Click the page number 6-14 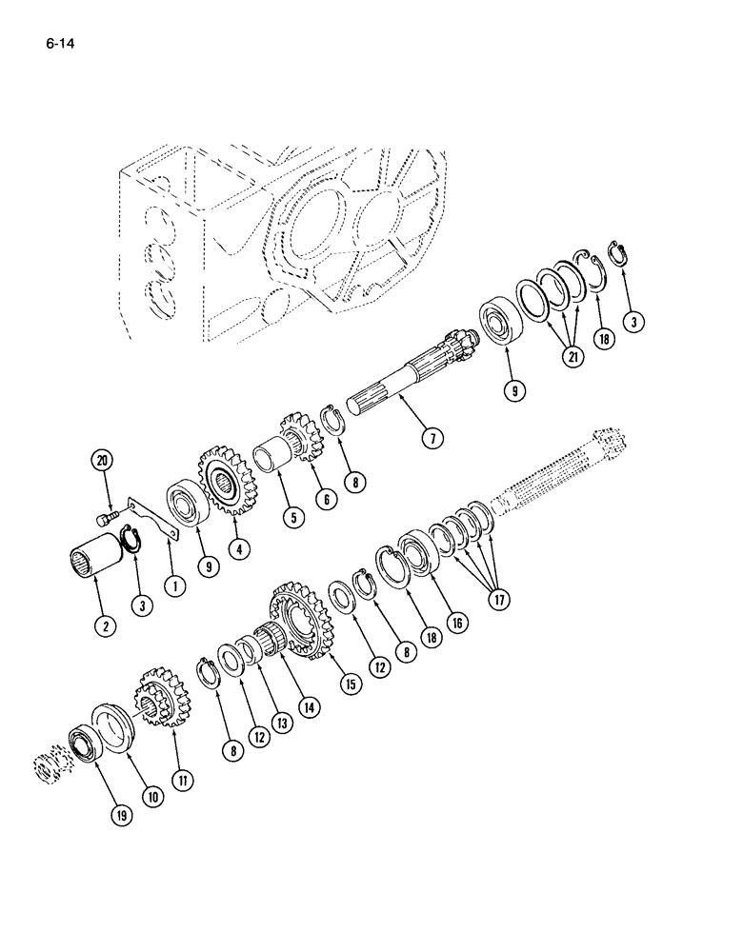(58, 43)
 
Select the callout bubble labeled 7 (433, 437)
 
